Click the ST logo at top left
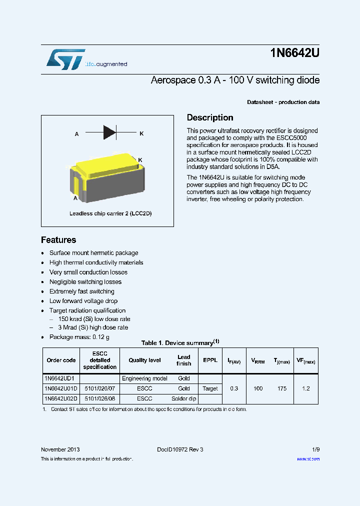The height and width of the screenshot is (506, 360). click(65, 59)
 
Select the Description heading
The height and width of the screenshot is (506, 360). click(209, 117)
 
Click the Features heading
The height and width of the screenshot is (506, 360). click(58, 240)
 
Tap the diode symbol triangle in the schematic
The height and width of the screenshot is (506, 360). click(109, 133)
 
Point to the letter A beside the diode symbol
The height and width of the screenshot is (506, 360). click(76, 134)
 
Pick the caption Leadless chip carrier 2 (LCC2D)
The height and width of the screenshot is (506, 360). click(110, 213)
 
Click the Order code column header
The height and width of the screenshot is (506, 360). click(61, 360)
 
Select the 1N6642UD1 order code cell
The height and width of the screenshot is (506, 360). click(59, 378)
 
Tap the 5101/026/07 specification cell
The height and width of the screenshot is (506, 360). click(99, 388)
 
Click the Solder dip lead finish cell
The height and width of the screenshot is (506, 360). click(183, 398)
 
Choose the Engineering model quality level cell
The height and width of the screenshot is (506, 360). click(144, 378)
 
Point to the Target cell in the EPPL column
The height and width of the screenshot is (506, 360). click(210, 388)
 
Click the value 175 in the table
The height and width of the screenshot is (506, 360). click(282, 388)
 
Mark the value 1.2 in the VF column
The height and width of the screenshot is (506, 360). click(306, 388)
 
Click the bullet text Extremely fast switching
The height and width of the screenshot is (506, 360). click(81, 291)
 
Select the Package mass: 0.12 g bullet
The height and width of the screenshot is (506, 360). click(79, 337)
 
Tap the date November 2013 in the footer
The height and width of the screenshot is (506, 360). click(60, 449)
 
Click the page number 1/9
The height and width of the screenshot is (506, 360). click(315, 449)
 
